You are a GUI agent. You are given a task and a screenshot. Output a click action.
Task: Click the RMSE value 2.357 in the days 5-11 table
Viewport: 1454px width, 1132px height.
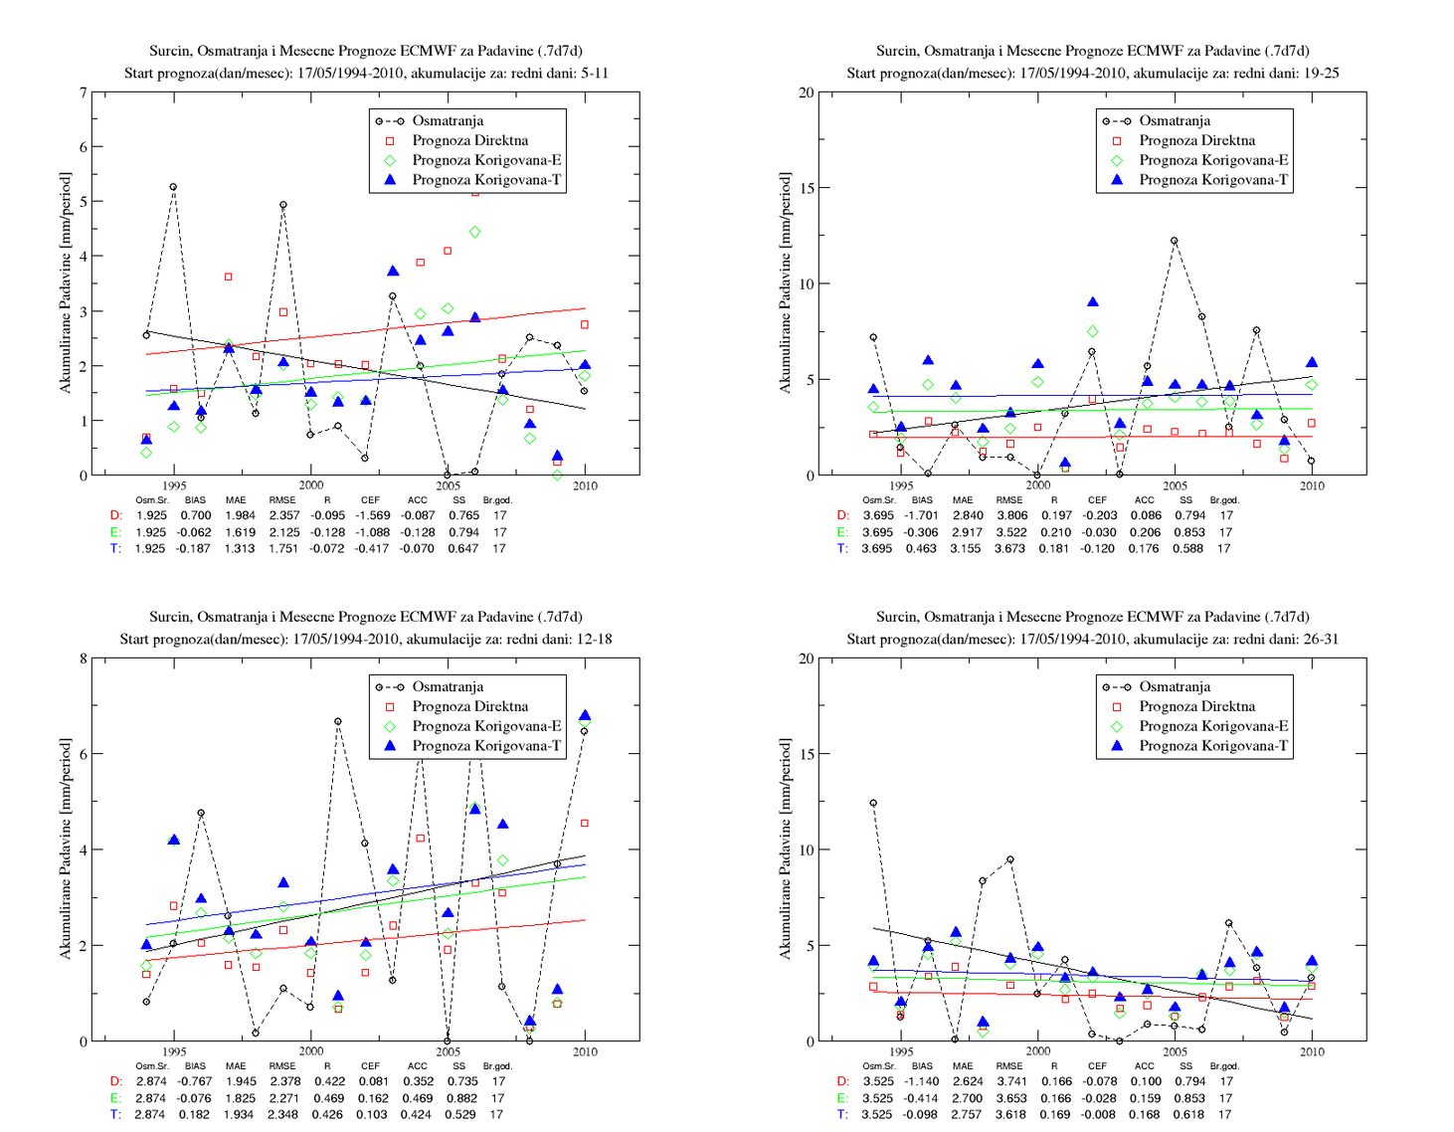pyautogui.click(x=283, y=515)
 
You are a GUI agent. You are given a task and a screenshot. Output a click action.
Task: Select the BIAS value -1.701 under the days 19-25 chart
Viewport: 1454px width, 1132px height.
pyautogui.click(x=921, y=515)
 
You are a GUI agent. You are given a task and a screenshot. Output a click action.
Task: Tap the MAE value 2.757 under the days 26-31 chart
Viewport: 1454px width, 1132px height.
pyautogui.click(x=965, y=1115)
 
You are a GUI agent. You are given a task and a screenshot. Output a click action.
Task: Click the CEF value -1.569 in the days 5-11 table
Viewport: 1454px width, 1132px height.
pyautogui.click(x=373, y=515)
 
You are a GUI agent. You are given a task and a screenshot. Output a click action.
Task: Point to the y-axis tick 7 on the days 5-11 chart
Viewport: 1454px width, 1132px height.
pyautogui.click(x=84, y=93)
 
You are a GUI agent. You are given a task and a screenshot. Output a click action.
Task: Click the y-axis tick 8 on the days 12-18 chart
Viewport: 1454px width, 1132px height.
pyautogui.click(x=84, y=659)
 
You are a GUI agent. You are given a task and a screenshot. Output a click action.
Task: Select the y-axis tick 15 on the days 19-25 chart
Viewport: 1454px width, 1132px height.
pyautogui.click(x=806, y=188)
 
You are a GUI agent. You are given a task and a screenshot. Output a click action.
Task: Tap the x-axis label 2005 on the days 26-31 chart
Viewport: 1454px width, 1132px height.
pyautogui.click(x=1175, y=1051)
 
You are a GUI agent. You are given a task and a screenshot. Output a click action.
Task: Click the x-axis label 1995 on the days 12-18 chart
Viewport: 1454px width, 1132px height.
pyautogui.click(x=175, y=1051)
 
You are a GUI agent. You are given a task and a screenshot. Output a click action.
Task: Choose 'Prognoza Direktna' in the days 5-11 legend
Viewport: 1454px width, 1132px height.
pyautogui.click(x=470, y=140)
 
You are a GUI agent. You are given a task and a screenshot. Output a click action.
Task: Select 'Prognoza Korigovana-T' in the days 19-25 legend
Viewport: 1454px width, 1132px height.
pyautogui.click(x=1213, y=179)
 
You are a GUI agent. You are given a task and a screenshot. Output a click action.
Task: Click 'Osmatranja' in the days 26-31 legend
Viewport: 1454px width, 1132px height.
pyautogui.click(x=1175, y=686)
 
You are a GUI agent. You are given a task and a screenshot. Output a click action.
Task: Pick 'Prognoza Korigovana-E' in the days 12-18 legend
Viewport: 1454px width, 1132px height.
pyautogui.click(x=486, y=726)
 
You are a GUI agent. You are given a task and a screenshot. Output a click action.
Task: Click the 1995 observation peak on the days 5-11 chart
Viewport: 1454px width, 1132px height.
pyautogui.click(x=173, y=187)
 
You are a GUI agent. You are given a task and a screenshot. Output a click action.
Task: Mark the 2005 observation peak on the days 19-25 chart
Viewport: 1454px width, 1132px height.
pyautogui.click(x=1175, y=241)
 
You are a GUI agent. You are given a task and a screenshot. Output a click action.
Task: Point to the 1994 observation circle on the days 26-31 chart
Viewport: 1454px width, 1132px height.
pyautogui.click(x=873, y=803)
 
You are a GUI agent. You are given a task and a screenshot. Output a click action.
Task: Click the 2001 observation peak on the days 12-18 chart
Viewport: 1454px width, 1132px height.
pyautogui.click(x=338, y=721)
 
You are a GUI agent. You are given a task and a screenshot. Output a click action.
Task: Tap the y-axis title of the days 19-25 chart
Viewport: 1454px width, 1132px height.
pyautogui.click(x=785, y=283)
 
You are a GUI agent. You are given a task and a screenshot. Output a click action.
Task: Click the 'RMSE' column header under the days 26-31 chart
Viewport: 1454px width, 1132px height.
pyautogui.click(x=1009, y=1065)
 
